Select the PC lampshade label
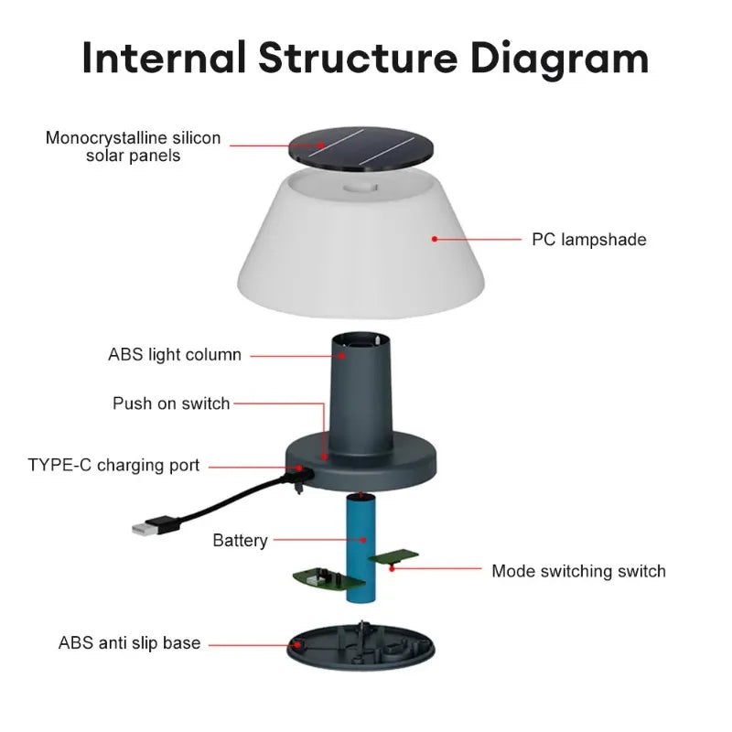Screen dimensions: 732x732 (x=589, y=240)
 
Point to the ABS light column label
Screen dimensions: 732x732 (x=175, y=355)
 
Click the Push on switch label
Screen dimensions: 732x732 (x=171, y=404)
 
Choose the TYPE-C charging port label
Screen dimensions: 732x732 (x=113, y=465)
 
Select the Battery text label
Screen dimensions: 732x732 (x=240, y=541)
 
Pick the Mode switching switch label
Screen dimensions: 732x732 (x=578, y=571)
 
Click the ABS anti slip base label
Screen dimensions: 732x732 (x=129, y=643)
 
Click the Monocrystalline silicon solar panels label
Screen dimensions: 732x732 (x=134, y=146)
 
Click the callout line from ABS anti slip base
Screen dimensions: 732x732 (x=252, y=643)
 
